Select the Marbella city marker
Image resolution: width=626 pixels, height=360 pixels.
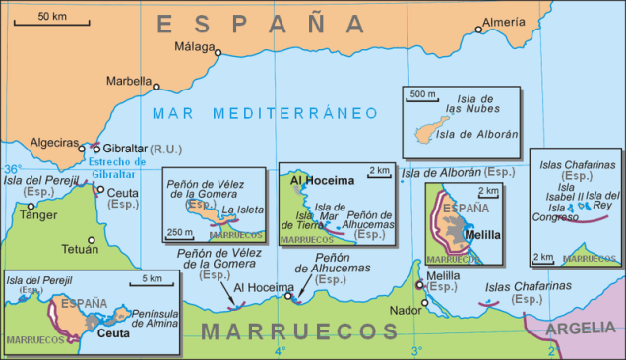pos(156,87)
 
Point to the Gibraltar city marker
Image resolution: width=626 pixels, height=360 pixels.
pos(95,149)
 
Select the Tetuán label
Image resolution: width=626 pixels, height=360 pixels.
pos(80,222)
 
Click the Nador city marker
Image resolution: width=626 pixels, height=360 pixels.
pos(425,302)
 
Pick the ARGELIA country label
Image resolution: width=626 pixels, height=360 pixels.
pos(579,328)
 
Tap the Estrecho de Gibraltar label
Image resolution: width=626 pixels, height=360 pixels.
pos(116,168)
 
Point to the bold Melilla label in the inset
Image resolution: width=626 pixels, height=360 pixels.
pos(482,235)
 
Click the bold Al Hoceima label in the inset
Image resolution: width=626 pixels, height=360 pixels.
pos(313,180)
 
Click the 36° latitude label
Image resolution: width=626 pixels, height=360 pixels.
pos(12,169)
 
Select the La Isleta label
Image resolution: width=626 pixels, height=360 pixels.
pos(241,210)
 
